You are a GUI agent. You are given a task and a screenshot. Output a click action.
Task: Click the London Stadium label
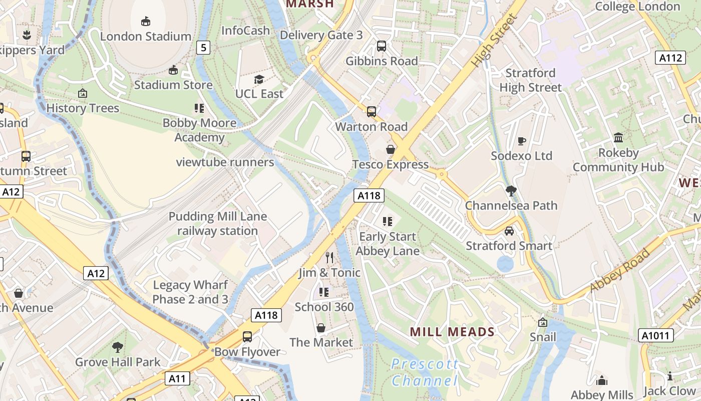(146, 36)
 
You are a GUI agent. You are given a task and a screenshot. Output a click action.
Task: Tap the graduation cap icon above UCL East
(259, 79)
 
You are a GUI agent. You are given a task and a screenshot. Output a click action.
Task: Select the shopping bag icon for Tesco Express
(391, 149)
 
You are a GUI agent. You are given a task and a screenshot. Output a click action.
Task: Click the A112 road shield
(670, 58)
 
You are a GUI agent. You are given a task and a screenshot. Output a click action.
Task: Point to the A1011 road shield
(656, 335)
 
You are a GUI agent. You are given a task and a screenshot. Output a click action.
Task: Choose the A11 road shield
(177, 378)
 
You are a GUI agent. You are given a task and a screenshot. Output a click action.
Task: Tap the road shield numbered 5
(203, 48)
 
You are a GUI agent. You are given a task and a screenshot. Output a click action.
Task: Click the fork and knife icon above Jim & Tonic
(329, 258)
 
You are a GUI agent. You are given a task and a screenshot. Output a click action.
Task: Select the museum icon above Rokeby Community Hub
(618, 138)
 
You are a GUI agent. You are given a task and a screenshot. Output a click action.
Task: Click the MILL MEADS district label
(452, 332)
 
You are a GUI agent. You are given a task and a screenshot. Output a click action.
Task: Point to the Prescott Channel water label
(425, 372)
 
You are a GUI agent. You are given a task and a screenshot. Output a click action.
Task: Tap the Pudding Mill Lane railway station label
(218, 224)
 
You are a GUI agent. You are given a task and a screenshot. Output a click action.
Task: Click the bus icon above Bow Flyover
(247, 336)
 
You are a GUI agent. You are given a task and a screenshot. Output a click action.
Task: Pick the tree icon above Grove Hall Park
(118, 347)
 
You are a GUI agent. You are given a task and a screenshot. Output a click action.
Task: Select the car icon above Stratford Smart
(509, 231)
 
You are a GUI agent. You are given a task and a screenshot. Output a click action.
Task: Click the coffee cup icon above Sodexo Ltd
(522, 141)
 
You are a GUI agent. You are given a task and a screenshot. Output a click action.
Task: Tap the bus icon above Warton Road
(372, 112)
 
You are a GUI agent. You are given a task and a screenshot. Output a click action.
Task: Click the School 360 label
(324, 307)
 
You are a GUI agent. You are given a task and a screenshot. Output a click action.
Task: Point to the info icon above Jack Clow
(669, 376)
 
